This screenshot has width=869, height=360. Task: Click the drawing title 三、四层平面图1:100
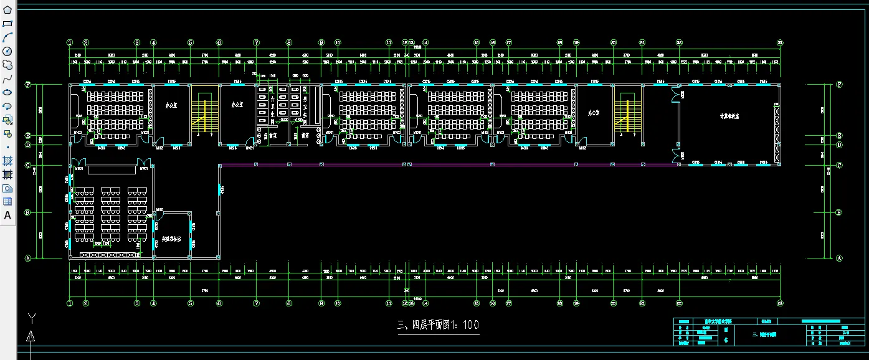438,324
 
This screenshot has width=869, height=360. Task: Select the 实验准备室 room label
176,239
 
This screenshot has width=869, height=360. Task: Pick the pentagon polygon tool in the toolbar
7,10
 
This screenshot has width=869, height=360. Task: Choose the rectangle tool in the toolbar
7,24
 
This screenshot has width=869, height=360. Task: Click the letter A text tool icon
7,216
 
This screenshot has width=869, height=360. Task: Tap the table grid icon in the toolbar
7,202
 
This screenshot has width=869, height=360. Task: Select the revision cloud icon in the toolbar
7,65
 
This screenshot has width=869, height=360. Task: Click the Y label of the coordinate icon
32,318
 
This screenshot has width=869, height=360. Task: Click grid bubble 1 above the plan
70,42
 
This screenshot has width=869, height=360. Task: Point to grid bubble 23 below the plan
780,303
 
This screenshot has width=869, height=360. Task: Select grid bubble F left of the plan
28,85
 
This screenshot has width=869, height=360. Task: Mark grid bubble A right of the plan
838,258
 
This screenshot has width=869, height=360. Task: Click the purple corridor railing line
449,165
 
